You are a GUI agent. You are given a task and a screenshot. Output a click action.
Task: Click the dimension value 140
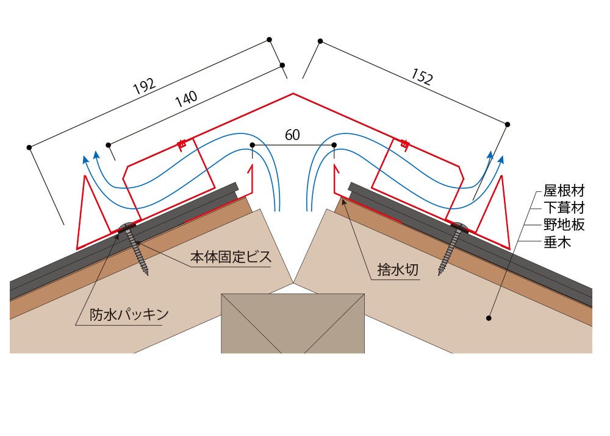tap(186, 99)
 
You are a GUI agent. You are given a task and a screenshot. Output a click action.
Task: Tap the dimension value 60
tap(293, 135)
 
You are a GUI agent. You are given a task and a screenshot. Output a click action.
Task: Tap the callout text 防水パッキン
tap(128, 315)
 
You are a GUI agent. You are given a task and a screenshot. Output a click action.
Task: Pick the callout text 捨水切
tap(398, 270)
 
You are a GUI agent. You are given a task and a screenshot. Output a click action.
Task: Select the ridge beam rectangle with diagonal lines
tap(293, 323)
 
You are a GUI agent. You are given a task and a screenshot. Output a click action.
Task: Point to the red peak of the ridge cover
tap(293, 94)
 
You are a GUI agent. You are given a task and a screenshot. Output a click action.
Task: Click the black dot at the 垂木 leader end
tap(489, 317)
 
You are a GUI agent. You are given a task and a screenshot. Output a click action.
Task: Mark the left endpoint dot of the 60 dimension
tap(253, 145)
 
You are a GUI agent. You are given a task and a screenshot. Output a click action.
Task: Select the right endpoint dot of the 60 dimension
tap(334, 145)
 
